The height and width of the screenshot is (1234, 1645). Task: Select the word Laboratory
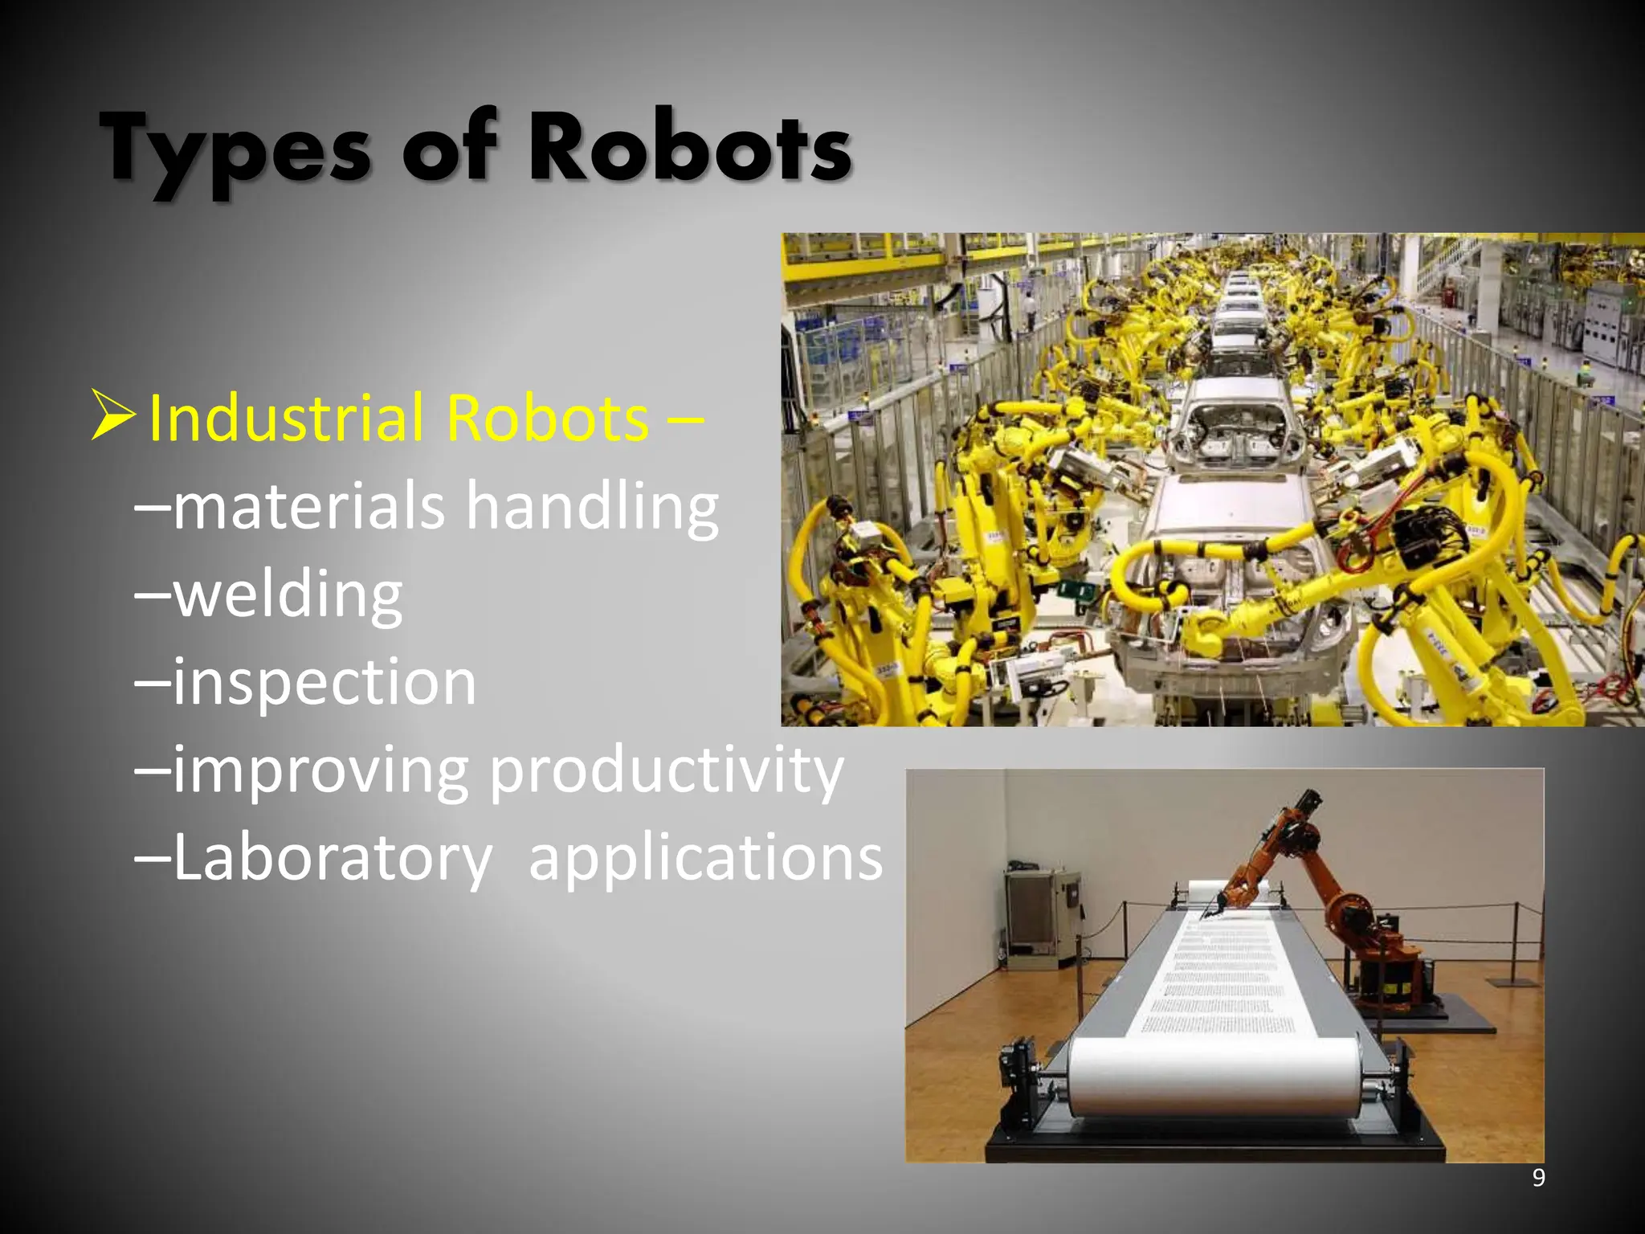pos(333,858)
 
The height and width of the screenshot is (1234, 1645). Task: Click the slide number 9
pos(1538,1178)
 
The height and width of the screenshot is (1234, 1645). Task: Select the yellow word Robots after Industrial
pos(547,419)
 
